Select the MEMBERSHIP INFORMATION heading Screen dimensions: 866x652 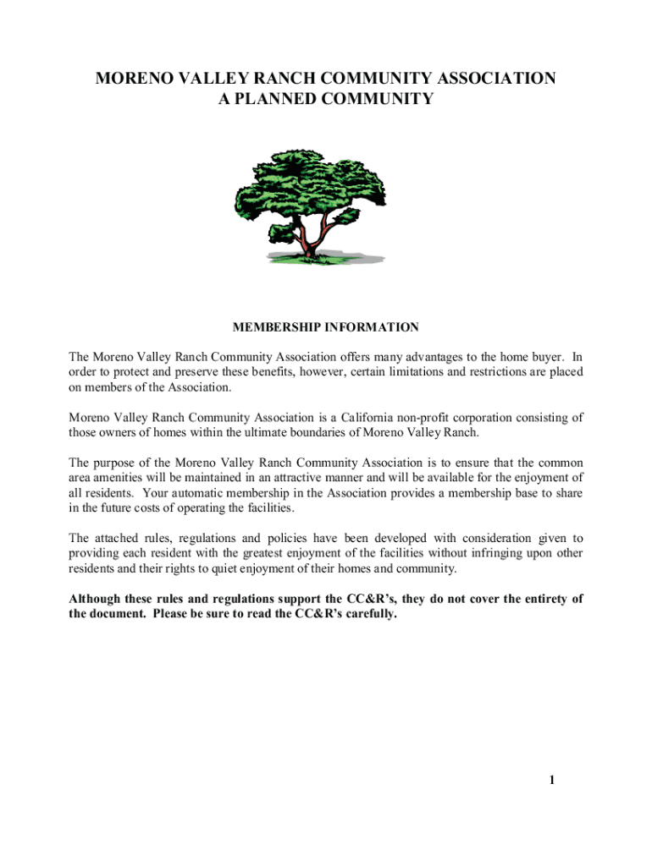(x=325, y=326)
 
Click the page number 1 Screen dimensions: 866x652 (x=551, y=780)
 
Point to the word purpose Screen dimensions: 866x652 (x=115, y=463)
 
